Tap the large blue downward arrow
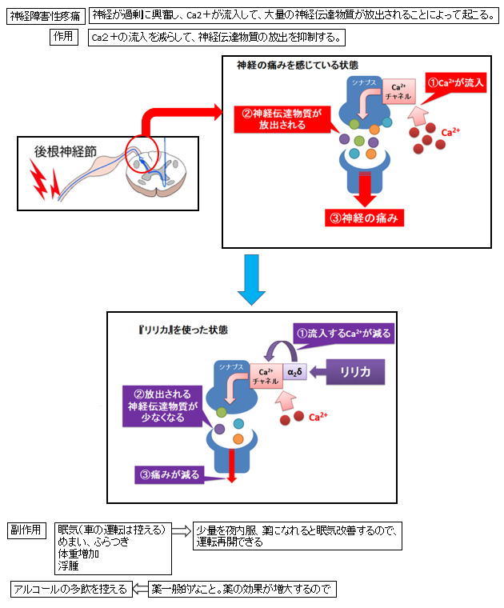[x=251, y=280]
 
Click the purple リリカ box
[x=353, y=372]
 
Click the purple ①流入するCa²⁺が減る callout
[x=345, y=334]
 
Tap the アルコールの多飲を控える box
[x=70, y=590]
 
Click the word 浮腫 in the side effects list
[x=67, y=565]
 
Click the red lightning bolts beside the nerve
[x=43, y=179]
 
